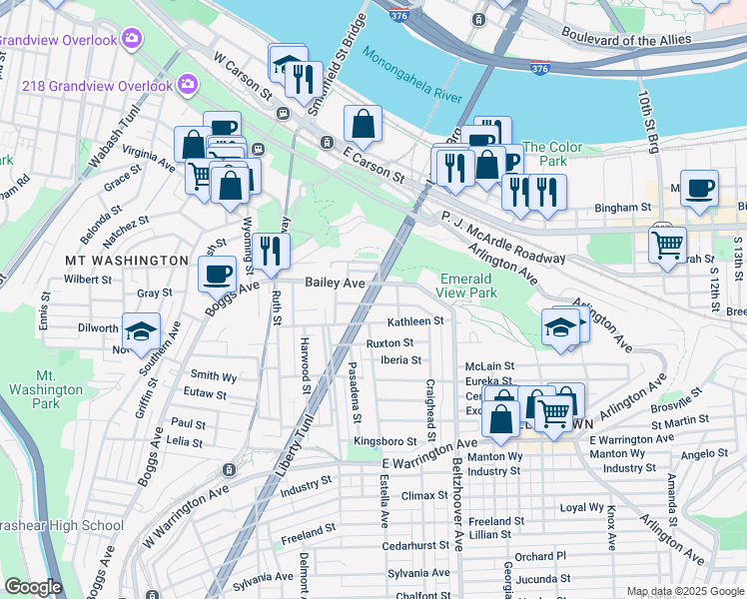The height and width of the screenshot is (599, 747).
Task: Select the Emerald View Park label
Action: point(466,286)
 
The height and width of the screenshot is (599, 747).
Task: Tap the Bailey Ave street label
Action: point(335,284)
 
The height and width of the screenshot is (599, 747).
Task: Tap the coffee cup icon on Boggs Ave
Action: point(217,273)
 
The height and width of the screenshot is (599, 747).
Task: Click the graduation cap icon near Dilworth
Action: point(141,330)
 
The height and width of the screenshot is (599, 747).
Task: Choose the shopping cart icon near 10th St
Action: point(666,243)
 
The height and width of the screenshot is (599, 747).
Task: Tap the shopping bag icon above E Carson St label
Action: point(364,124)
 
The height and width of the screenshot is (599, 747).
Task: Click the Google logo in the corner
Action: point(34,587)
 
